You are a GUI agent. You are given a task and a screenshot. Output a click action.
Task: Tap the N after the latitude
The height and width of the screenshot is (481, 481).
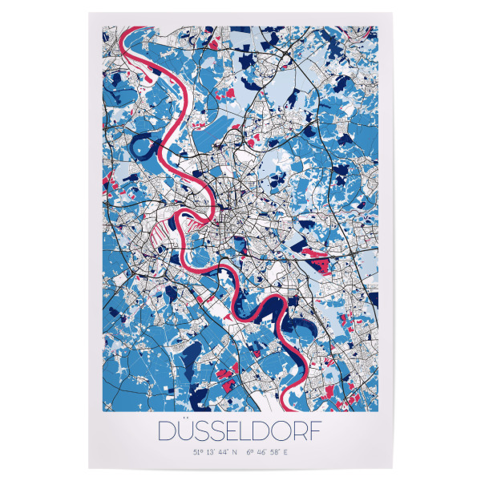[x=237, y=453]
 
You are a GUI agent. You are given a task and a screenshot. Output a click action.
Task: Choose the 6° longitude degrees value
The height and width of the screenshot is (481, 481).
[x=250, y=453]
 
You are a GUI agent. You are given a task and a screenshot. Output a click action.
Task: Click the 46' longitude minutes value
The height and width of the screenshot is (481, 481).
[x=261, y=453]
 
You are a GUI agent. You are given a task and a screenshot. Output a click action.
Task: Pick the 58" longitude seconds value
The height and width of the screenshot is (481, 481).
[x=276, y=453]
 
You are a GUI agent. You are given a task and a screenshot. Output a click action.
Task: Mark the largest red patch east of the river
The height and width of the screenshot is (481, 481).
[x=320, y=259]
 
